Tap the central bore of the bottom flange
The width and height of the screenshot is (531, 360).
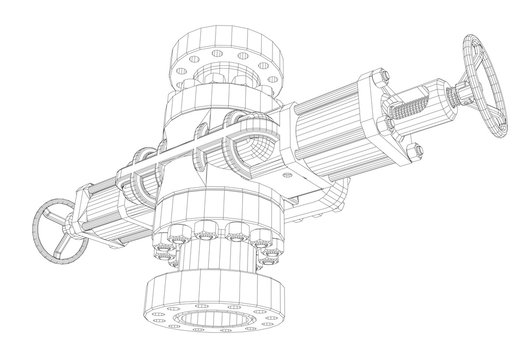214,329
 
